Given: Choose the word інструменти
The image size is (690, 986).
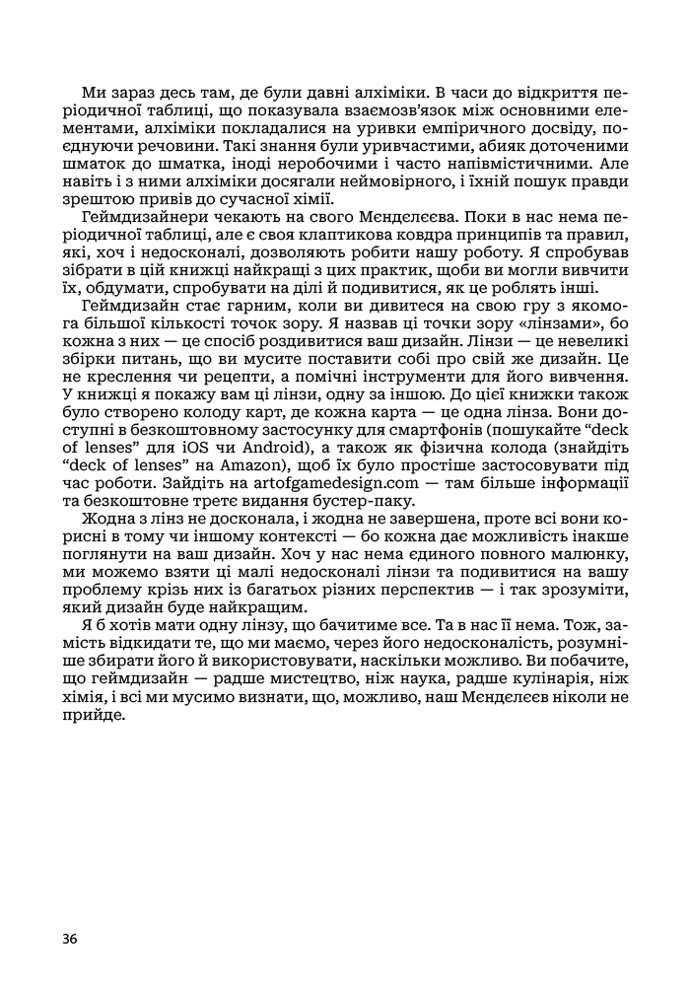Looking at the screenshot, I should tap(389, 374).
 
